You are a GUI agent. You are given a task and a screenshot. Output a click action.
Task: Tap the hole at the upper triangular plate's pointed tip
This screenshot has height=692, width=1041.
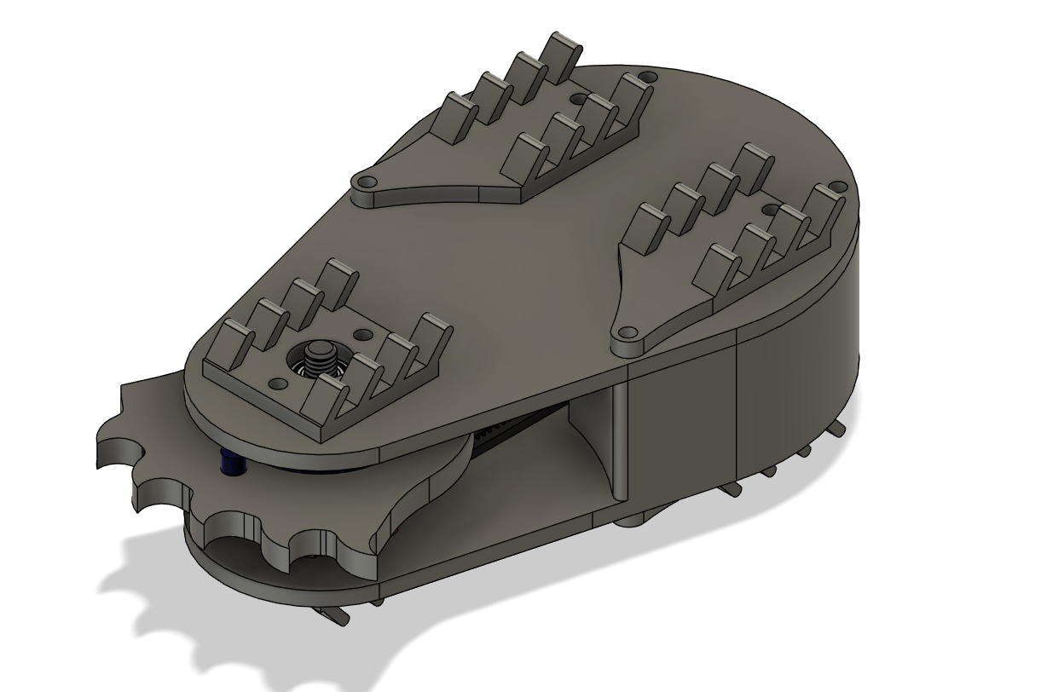pyautogui.click(x=368, y=182)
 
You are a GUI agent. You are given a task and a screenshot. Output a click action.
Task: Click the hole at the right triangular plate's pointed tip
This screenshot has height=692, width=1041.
pyautogui.click(x=628, y=333)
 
